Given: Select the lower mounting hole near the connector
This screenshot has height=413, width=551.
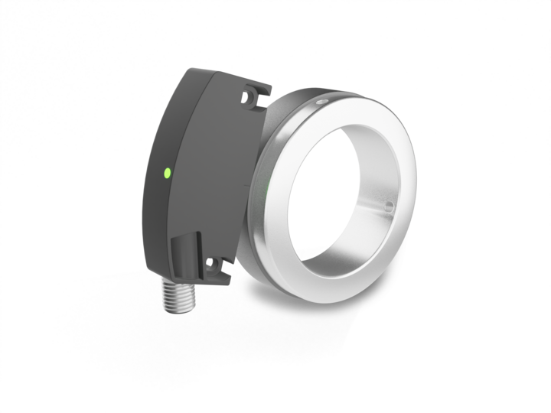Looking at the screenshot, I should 214,265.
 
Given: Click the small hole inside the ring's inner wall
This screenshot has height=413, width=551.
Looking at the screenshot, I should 388,205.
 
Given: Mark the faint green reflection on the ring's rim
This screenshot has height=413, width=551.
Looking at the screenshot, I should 266,187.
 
